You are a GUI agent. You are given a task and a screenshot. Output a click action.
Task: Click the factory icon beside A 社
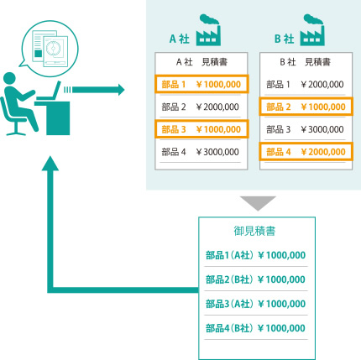208,30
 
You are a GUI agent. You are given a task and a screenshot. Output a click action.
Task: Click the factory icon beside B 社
312,30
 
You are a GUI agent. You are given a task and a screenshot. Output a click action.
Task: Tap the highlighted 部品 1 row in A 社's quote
201,84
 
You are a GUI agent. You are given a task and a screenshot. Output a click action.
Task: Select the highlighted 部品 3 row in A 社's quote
201,129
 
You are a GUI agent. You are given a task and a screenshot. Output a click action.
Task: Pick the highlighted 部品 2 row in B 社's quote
306,107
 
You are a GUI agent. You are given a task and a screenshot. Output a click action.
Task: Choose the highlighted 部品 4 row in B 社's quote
306,152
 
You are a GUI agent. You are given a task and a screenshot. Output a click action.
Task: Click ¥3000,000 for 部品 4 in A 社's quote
217,152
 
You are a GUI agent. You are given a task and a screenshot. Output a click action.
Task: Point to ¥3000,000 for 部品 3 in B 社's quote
322,129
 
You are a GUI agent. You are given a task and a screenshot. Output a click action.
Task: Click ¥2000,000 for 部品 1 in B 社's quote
322,84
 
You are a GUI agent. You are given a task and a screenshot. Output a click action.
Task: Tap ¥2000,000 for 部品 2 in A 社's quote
217,107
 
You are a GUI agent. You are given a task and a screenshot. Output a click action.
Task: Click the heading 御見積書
254,231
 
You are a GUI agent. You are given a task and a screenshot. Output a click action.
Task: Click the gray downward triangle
258,202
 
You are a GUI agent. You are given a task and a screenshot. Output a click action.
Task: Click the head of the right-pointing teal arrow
121,90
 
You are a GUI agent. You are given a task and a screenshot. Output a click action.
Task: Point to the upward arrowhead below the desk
50,164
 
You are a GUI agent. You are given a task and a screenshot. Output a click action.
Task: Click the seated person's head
9,78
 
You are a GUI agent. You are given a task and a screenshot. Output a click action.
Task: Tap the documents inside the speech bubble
50,49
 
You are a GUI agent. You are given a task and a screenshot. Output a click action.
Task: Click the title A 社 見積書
201,62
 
